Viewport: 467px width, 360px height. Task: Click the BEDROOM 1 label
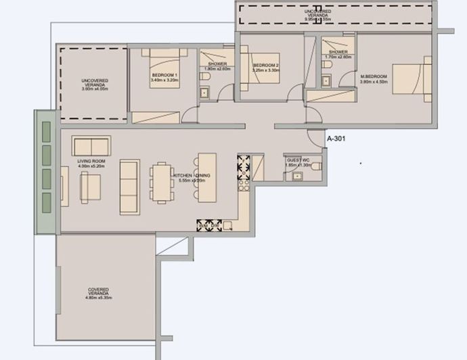pyautogui.click(x=164, y=75)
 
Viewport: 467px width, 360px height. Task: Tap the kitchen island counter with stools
pyautogui.click(x=206, y=175)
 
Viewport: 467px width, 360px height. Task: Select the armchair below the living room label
pyautogui.click(x=90, y=187)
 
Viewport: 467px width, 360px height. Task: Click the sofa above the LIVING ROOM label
pyautogui.click(x=91, y=145)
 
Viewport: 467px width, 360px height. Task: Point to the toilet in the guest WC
pyautogui.click(x=296, y=177)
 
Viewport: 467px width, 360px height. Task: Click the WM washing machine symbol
pyautogui.click(x=203, y=225)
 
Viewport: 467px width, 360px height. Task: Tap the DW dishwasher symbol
pyautogui.click(x=216, y=225)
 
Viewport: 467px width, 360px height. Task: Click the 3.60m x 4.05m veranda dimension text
pyautogui.click(x=95, y=89)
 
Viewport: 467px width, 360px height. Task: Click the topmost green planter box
pyautogui.click(x=46, y=131)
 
